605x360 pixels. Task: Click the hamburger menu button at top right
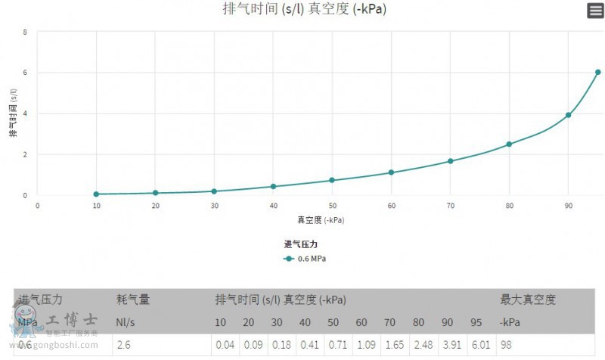[595, 11]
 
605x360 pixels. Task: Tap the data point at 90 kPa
[568, 115]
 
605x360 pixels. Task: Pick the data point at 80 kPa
[509, 144]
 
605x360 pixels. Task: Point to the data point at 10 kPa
[96, 194]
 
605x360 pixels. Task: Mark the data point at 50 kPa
[332, 180]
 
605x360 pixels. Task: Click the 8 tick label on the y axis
[26, 33]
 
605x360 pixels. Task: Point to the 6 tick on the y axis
[26, 73]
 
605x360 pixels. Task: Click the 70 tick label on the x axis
[450, 205]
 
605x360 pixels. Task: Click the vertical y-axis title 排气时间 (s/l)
[13, 113]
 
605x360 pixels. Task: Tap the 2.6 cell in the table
[123, 345]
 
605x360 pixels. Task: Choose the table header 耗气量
[133, 299]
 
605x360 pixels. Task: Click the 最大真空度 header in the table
[528, 299]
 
